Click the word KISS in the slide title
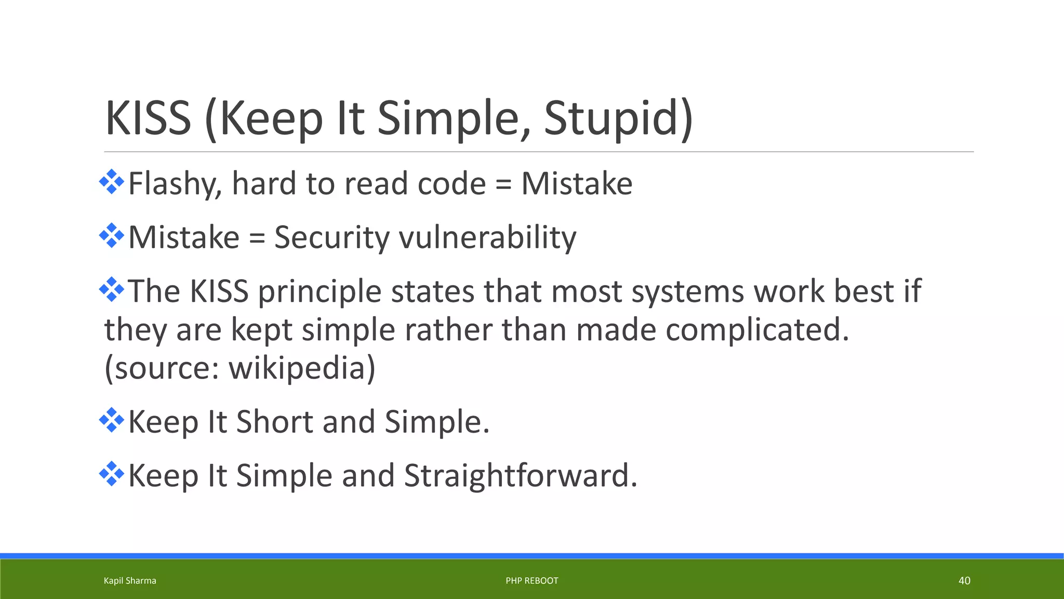[148, 119]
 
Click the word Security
[331, 238]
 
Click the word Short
[274, 422]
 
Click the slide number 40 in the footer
[964, 581]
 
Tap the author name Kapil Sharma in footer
[130, 581]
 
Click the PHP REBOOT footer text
[531, 581]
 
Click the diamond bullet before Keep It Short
[112, 421]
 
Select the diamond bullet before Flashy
[112, 183]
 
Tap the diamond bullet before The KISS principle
[112, 290]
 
